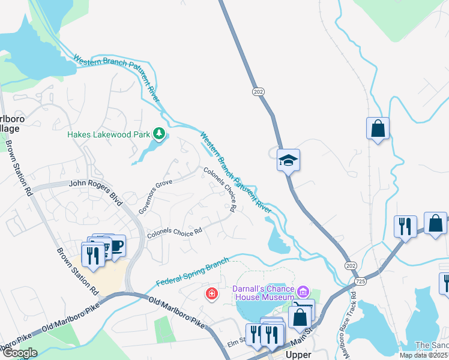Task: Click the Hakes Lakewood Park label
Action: [x=108, y=134]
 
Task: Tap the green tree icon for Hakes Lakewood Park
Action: [x=159, y=133]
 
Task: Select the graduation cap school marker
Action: [x=288, y=160]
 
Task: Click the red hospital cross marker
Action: [x=211, y=293]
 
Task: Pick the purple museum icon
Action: [x=304, y=293]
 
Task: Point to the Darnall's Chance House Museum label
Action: [x=263, y=293]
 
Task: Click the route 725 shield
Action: [x=360, y=281]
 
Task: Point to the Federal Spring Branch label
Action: [x=193, y=272]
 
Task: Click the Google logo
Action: [x=20, y=353]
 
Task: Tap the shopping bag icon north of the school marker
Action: [x=378, y=128]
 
